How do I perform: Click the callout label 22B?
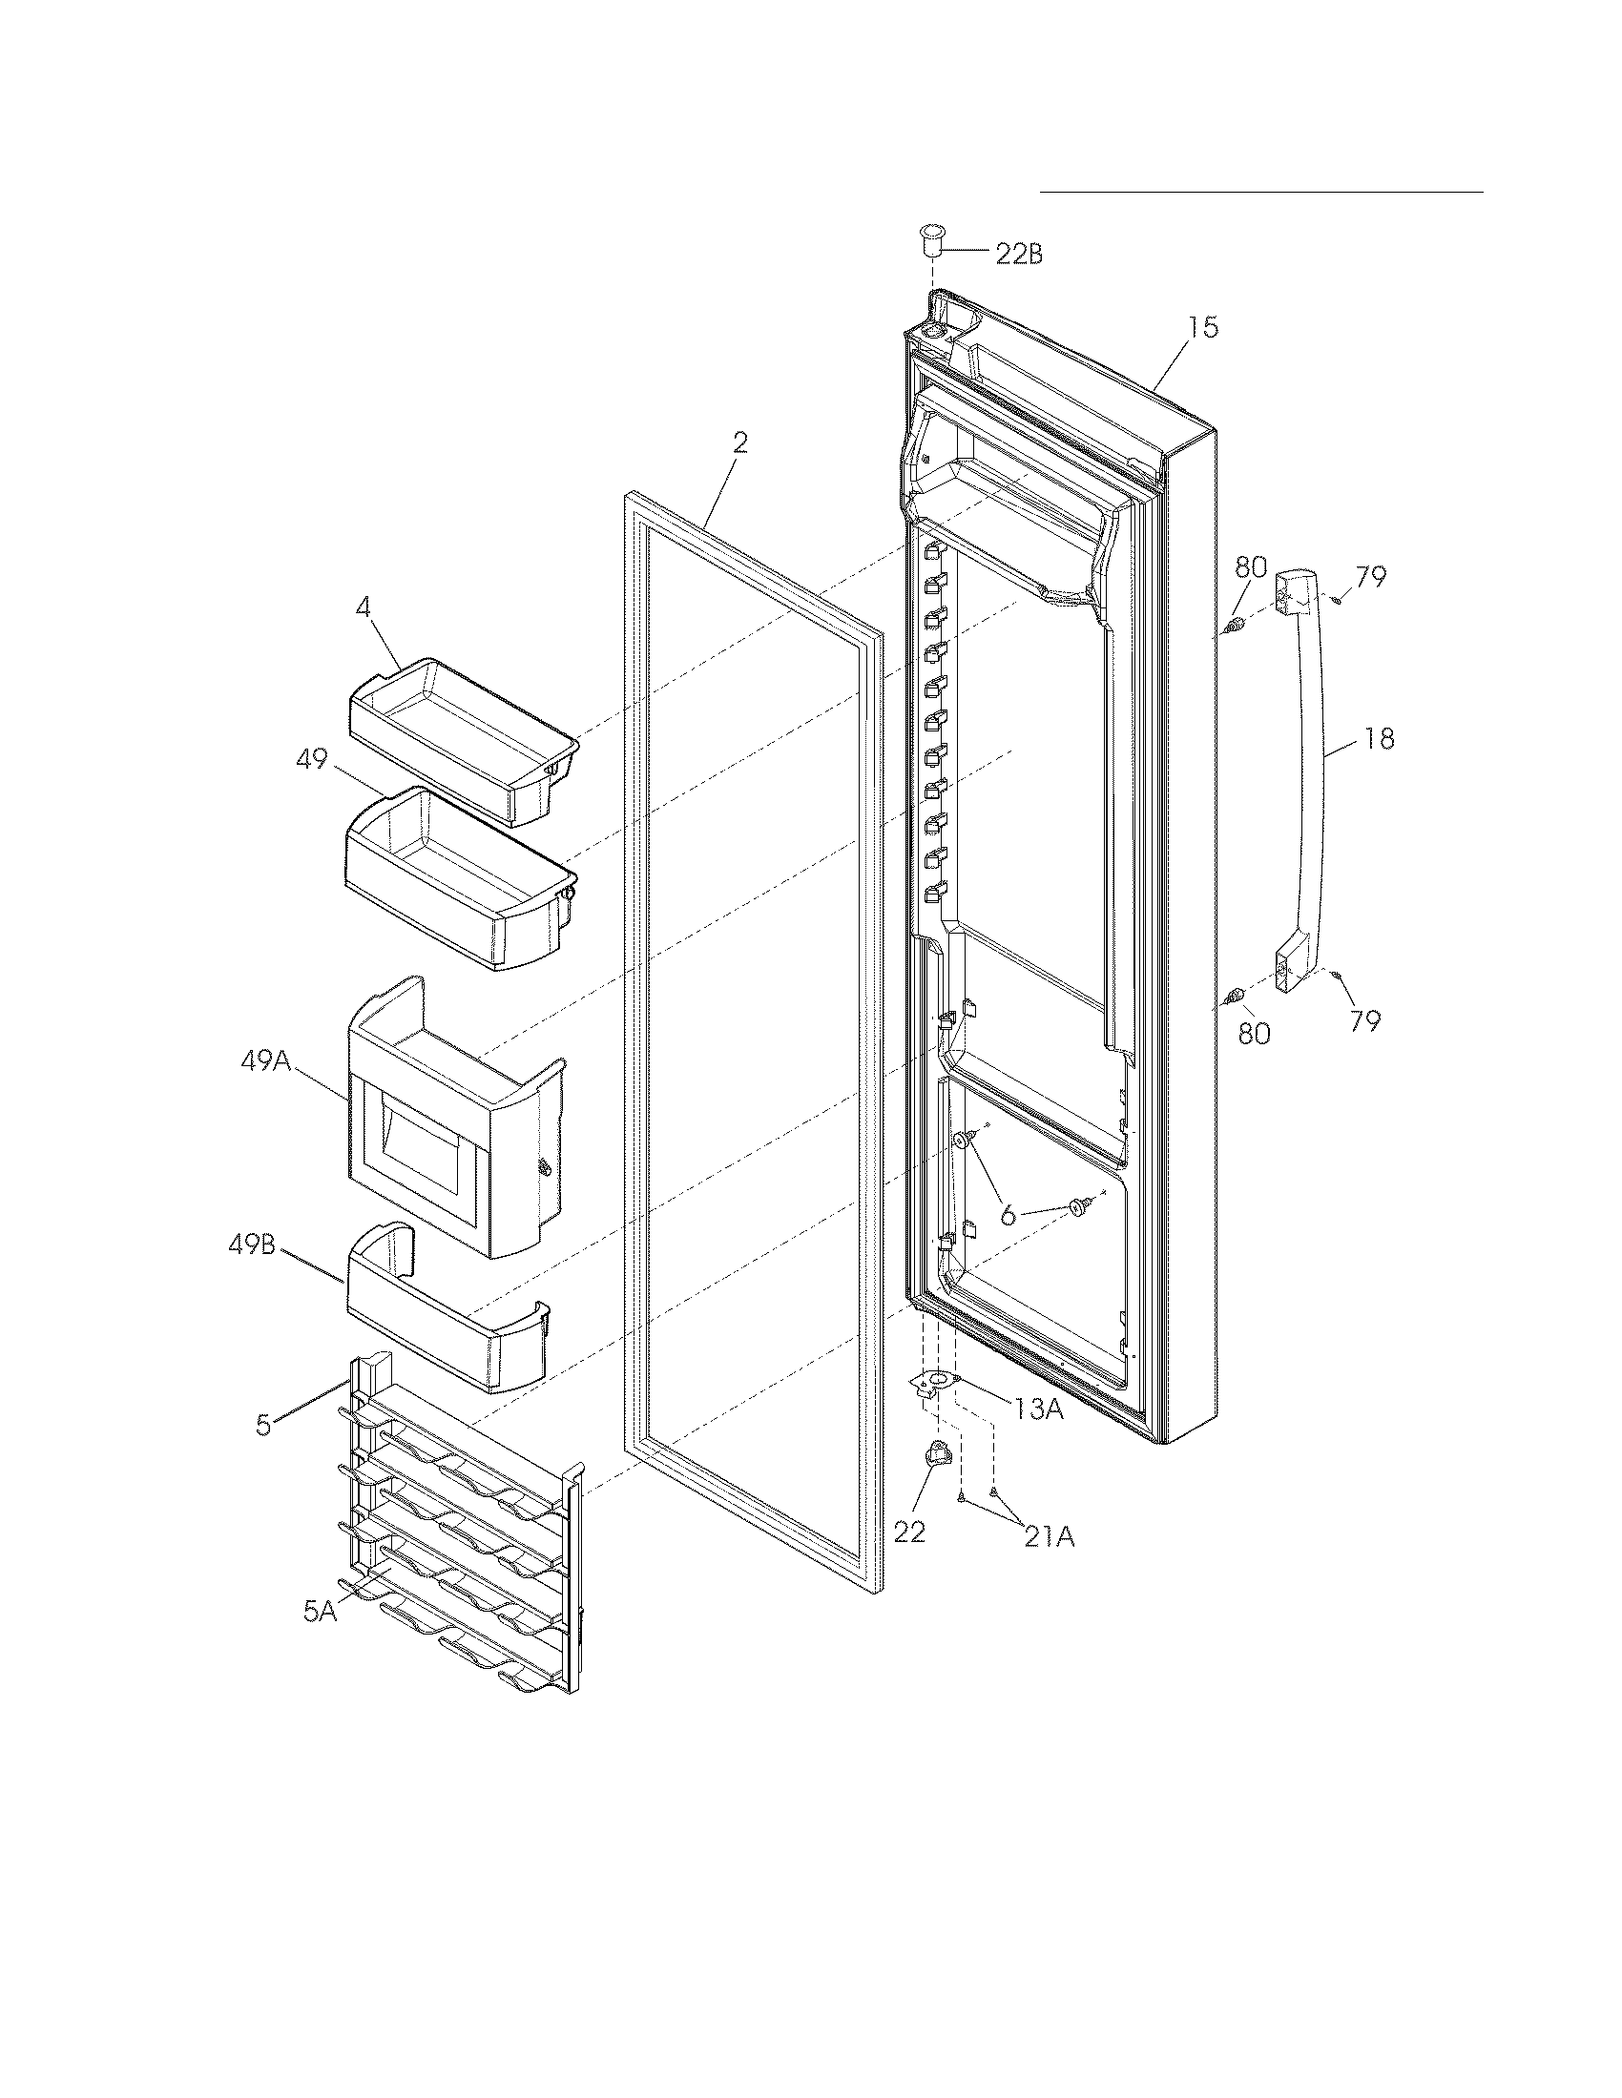click(x=1019, y=255)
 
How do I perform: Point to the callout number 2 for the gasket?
click(x=738, y=443)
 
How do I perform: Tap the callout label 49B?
click(x=252, y=1244)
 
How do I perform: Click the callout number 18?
click(x=1379, y=740)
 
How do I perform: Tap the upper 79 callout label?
click(x=1370, y=577)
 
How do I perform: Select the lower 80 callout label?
click(x=1253, y=1034)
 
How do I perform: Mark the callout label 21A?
click(x=1049, y=1538)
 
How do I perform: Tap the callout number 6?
click(x=1007, y=1215)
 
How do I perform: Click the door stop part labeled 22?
click(x=936, y=1457)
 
